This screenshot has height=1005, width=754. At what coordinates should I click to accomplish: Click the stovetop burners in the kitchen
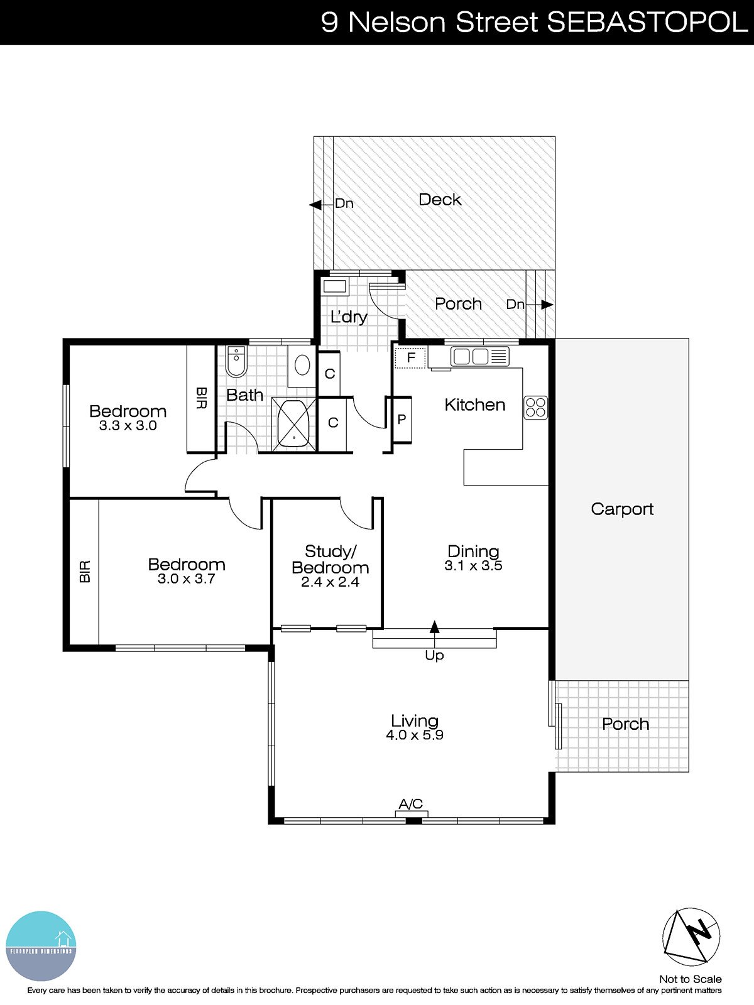[535, 407]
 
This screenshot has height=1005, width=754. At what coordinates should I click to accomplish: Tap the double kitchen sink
[471, 357]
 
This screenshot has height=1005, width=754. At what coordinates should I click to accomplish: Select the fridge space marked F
[410, 358]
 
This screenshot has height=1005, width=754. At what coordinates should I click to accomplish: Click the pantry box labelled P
[402, 420]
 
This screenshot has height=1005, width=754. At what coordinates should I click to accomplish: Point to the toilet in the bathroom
[236, 362]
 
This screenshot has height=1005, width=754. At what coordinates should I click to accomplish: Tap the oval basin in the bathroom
[302, 365]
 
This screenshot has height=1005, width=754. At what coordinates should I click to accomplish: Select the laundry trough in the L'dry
[334, 287]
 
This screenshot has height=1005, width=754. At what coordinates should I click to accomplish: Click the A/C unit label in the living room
[411, 804]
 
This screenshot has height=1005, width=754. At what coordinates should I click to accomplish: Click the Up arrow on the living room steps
[434, 627]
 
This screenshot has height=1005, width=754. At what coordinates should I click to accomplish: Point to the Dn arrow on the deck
[315, 205]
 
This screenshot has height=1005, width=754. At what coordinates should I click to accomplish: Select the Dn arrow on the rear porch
[547, 305]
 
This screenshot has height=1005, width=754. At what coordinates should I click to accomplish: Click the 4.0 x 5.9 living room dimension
[415, 736]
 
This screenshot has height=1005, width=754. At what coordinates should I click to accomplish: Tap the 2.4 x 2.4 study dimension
[330, 582]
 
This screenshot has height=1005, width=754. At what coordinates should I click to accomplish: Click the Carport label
[622, 509]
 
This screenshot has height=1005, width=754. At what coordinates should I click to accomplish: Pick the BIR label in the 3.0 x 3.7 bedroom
[85, 572]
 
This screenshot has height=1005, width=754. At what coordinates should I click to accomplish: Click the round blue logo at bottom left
[41, 946]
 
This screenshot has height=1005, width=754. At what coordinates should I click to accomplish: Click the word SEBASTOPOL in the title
[647, 23]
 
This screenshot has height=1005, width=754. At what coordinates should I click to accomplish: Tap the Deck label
[440, 200]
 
